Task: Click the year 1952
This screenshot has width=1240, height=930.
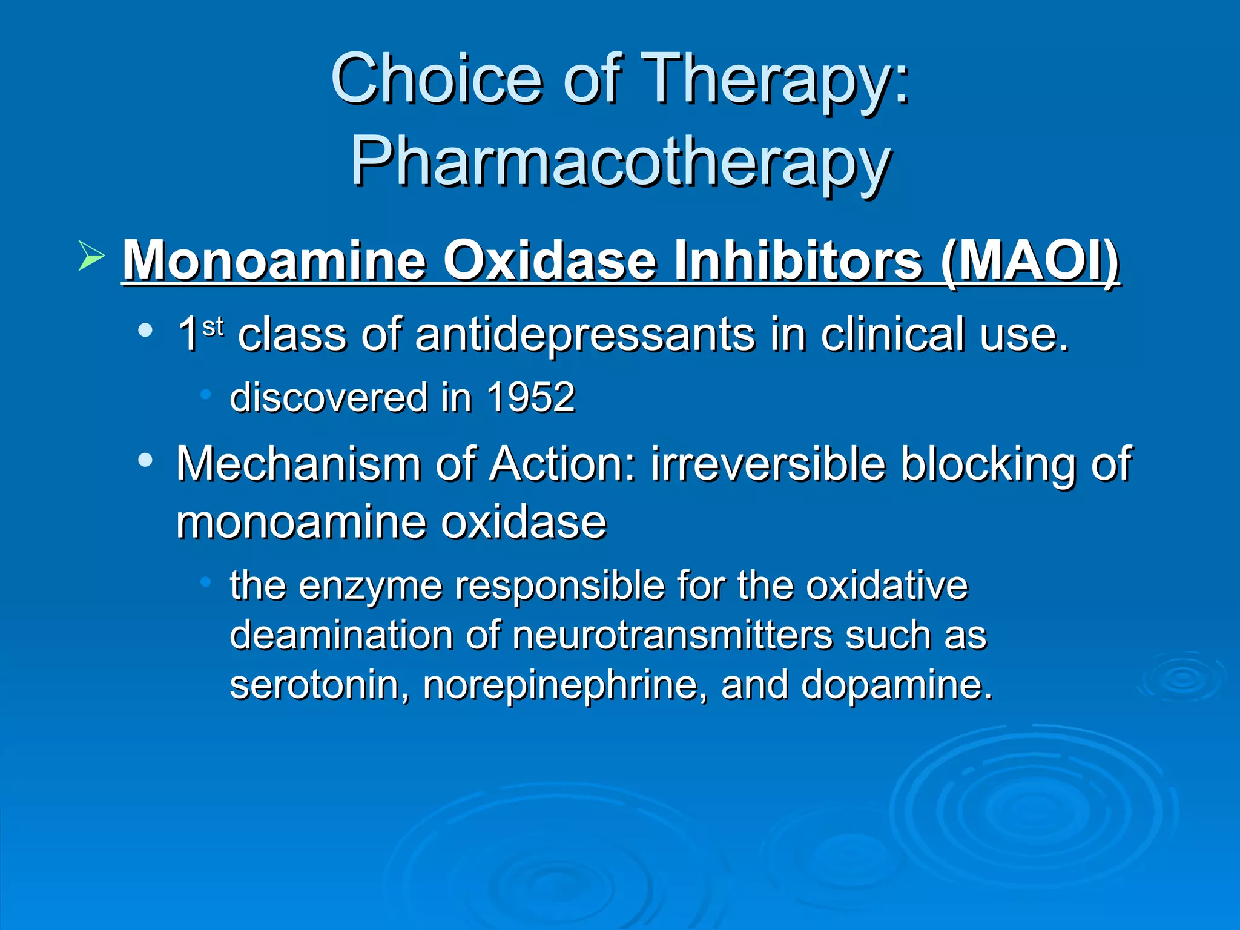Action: pyautogui.click(x=530, y=398)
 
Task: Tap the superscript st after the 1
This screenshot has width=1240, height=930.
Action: pyautogui.click(x=213, y=327)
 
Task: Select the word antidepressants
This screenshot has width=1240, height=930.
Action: pyautogui.click(x=585, y=335)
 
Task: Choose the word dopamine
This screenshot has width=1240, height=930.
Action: pyautogui.click(x=896, y=685)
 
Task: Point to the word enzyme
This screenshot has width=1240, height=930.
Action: pyautogui.click(x=370, y=586)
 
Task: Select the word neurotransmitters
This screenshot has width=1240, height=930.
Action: pyautogui.click(x=673, y=635)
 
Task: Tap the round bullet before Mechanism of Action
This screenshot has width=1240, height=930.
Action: pyautogui.click(x=145, y=461)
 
